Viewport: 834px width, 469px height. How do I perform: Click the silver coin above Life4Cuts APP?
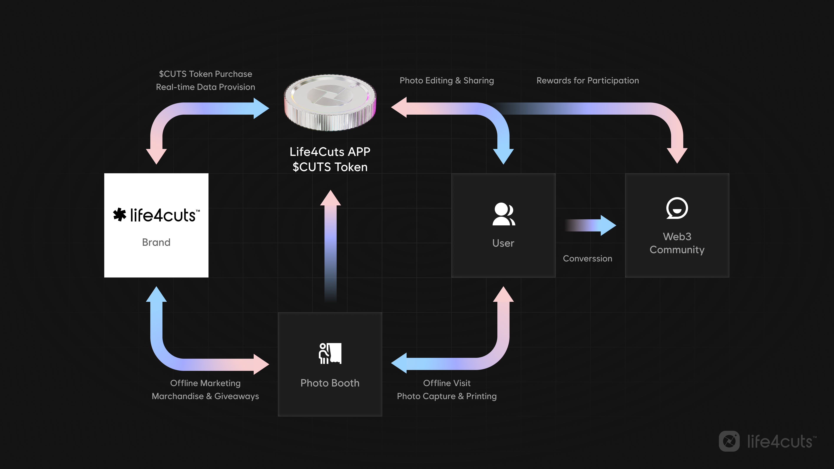(x=330, y=102)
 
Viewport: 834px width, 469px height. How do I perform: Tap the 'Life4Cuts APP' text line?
(x=330, y=152)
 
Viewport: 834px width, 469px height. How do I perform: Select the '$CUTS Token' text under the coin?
(x=330, y=167)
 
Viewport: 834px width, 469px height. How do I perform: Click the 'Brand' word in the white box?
(x=156, y=242)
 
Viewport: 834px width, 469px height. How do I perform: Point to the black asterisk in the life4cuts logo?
(x=119, y=215)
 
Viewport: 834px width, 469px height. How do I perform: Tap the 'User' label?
(x=503, y=243)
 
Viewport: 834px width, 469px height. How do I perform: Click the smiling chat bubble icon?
(x=677, y=208)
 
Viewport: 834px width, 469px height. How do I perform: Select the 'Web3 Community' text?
(x=677, y=243)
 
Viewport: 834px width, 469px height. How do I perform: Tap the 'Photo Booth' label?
(x=330, y=383)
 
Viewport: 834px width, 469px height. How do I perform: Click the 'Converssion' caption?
(x=587, y=258)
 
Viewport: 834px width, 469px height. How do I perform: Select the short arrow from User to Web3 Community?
(x=591, y=225)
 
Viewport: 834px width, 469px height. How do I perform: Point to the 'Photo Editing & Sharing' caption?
(x=447, y=80)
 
